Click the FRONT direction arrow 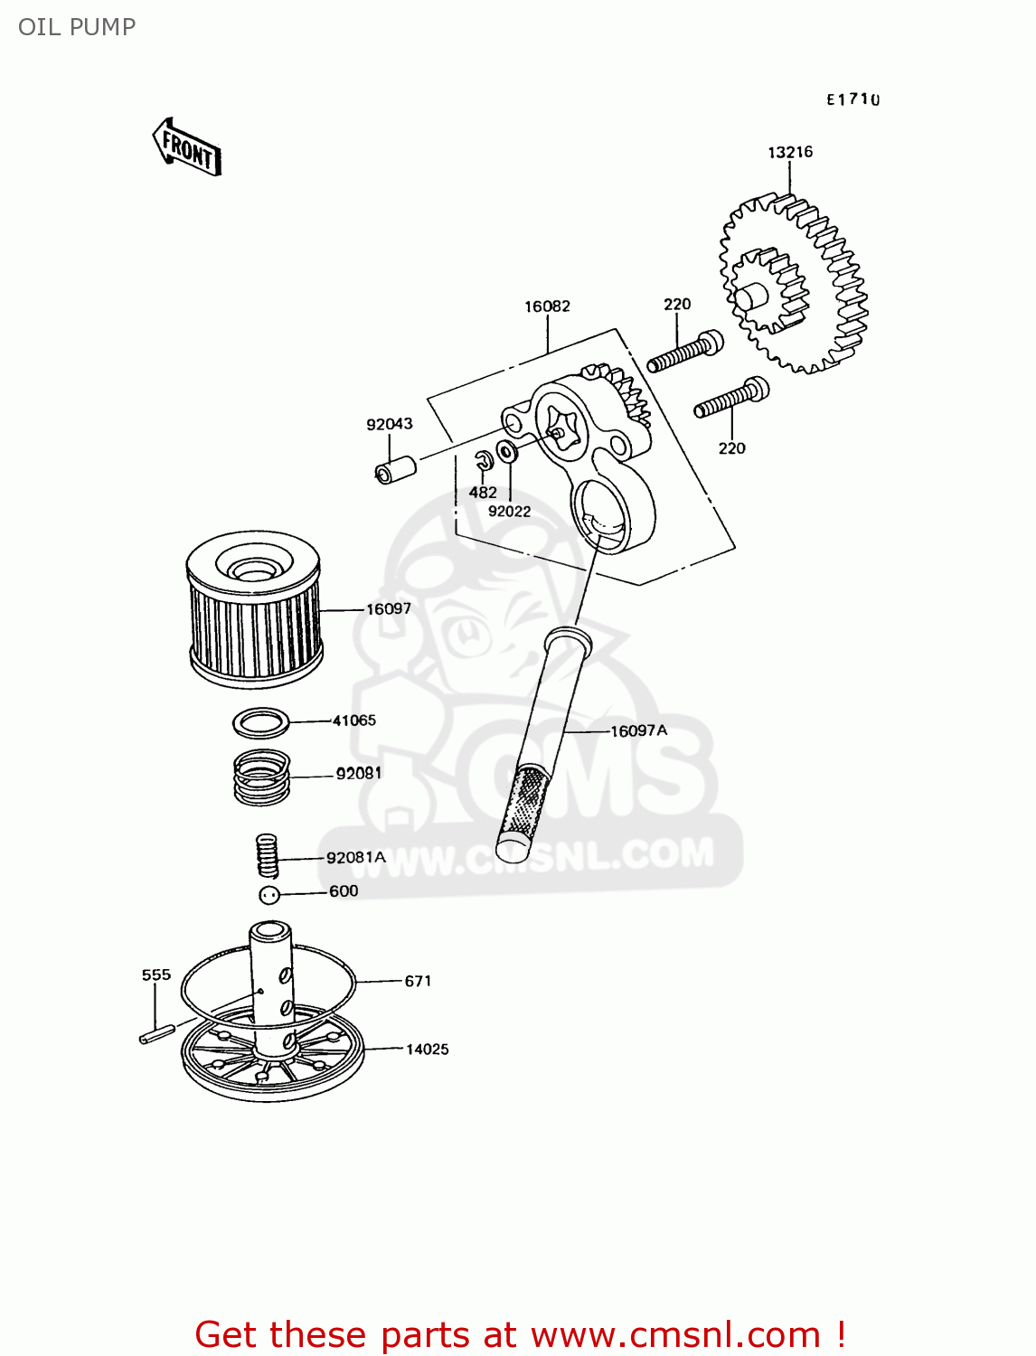[186, 147]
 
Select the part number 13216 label [790, 152]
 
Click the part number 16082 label [547, 306]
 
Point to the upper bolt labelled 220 [684, 352]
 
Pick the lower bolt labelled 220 [731, 399]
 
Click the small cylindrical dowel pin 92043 [395, 470]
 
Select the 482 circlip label [483, 493]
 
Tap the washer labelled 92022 [507, 451]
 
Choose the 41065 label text [353, 720]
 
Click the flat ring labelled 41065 [261, 722]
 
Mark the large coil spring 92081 [261, 777]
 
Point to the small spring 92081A [266, 854]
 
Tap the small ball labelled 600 [268, 895]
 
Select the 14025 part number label [427, 1049]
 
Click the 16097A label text [638, 730]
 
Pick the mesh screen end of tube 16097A [523, 807]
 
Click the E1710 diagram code [852, 99]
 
